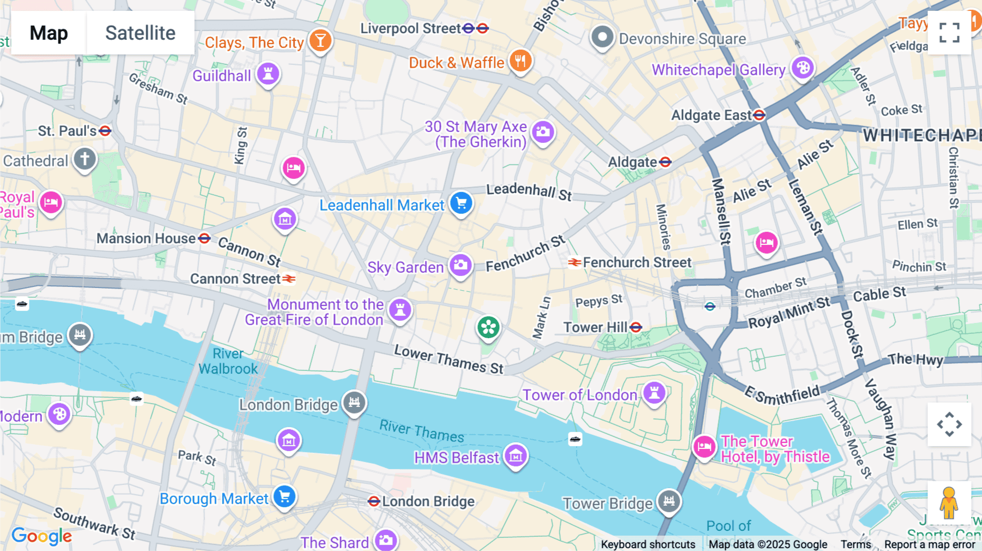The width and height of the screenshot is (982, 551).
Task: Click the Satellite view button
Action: click(x=140, y=33)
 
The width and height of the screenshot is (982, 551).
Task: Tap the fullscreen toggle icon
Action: click(x=949, y=33)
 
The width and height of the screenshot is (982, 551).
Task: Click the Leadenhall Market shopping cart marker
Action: click(x=461, y=203)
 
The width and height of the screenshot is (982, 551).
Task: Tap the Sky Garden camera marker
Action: click(x=460, y=266)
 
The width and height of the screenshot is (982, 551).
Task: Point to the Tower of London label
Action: click(x=579, y=395)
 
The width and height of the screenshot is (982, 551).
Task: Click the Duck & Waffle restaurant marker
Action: click(x=520, y=61)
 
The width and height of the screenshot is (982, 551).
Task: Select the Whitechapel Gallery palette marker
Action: click(x=803, y=68)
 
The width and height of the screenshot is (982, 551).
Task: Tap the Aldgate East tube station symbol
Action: click(x=759, y=115)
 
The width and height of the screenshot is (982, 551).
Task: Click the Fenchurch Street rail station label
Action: click(x=637, y=262)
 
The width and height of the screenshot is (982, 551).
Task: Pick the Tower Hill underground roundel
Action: click(x=636, y=327)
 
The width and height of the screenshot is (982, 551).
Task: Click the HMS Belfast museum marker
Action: click(x=516, y=456)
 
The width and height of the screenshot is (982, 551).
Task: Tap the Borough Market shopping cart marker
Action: click(x=284, y=497)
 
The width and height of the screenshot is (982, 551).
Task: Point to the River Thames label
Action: click(x=421, y=431)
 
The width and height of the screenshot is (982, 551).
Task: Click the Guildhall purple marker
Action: click(x=268, y=74)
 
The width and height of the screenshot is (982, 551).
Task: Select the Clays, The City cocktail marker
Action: click(x=320, y=40)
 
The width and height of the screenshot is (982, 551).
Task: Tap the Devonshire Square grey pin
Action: click(x=602, y=37)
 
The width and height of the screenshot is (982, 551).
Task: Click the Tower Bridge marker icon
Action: click(x=669, y=501)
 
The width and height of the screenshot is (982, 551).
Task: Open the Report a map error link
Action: click(x=929, y=544)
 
